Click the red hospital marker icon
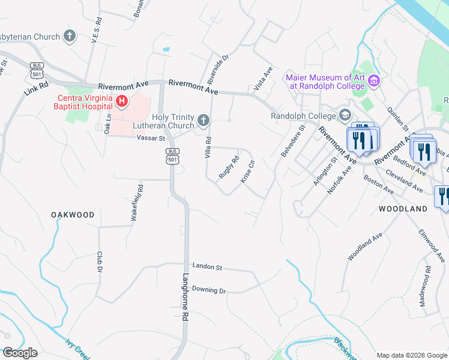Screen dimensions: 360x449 (x=122, y=101)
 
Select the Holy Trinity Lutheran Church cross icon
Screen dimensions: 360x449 (x=203, y=121)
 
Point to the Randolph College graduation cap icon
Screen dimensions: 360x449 (x=345, y=115)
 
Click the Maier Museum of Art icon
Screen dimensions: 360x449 (x=375, y=80)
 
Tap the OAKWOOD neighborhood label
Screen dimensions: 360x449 (x=73, y=215)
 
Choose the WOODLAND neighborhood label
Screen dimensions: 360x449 (x=403, y=209)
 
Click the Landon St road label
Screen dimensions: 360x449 (x=207, y=266)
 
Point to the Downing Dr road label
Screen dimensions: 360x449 (x=208, y=290)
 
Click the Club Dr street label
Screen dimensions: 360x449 (x=99, y=262)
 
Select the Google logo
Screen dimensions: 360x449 (x=20, y=353)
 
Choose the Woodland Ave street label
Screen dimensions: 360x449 (x=364, y=247)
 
